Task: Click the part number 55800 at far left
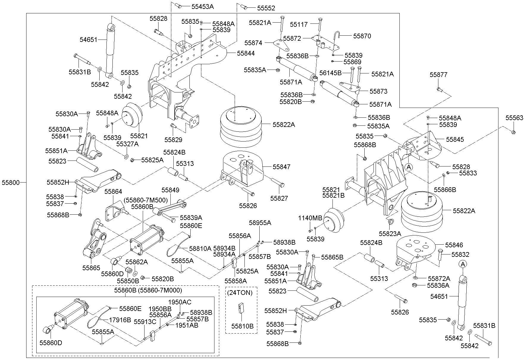click(x=11, y=183)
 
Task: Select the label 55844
click(x=246, y=54)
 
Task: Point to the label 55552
click(x=266, y=8)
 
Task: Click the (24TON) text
click(x=240, y=293)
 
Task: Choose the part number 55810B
click(x=242, y=326)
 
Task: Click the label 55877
click(x=438, y=75)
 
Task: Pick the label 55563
click(x=515, y=118)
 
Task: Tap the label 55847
click(x=282, y=167)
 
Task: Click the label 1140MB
click(x=310, y=218)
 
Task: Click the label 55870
click(x=362, y=36)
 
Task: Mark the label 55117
click(x=299, y=24)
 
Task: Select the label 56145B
click(x=330, y=73)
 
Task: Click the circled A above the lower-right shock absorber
click(x=462, y=264)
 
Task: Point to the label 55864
click(x=113, y=192)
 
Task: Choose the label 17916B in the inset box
click(x=120, y=320)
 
